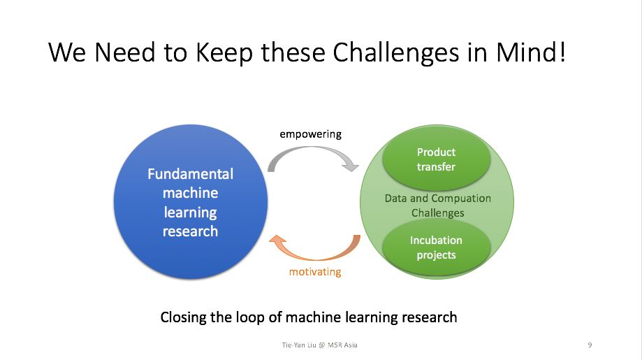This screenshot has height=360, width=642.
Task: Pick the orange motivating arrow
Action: pyautogui.click(x=314, y=249)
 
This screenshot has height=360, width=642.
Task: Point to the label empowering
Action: pyautogui.click(x=311, y=134)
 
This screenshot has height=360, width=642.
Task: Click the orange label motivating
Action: pyautogui.click(x=315, y=272)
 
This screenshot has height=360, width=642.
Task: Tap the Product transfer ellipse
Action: pyautogui.click(x=436, y=159)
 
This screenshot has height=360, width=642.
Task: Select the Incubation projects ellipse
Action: pyautogui.click(x=436, y=247)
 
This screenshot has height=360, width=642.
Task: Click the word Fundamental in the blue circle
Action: pyautogui.click(x=190, y=174)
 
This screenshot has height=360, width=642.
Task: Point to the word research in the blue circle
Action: pyautogui.click(x=190, y=231)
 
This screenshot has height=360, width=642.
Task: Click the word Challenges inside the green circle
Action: pyautogui.click(x=437, y=213)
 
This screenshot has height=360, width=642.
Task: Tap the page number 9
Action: pyautogui.click(x=590, y=345)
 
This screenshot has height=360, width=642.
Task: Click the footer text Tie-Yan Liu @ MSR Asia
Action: pyautogui.click(x=319, y=345)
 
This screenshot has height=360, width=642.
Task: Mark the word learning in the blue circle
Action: pyautogui.click(x=190, y=212)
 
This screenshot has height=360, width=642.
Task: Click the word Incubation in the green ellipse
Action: pyautogui.click(x=436, y=240)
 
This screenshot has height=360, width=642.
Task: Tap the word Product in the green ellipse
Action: pyautogui.click(x=436, y=152)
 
